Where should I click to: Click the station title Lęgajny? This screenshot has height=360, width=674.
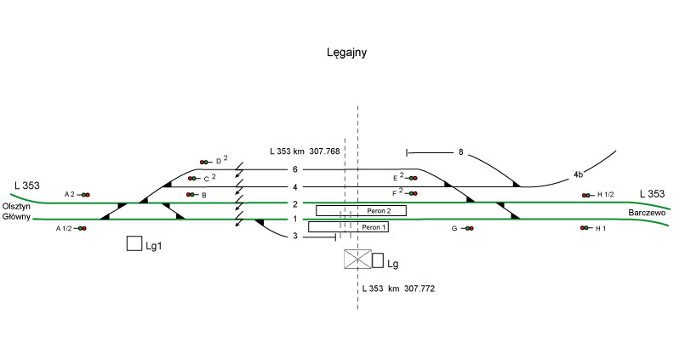[x=346, y=53]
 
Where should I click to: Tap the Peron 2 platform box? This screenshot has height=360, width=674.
[x=361, y=210]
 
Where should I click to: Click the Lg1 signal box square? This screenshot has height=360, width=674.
[x=134, y=244]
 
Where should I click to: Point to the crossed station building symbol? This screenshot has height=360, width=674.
[x=357, y=260]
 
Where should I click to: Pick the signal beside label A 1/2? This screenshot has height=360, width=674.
[x=81, y=229]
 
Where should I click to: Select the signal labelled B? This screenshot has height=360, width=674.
[x=191, y=195]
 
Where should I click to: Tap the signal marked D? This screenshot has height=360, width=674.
[x=205, y=162]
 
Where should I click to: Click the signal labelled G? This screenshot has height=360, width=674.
[x=467, y=229]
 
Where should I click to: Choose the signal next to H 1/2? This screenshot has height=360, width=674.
[x=586, y=195]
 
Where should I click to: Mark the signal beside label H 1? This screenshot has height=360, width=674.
[x=585, y=229]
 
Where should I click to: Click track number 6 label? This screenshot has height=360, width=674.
[x=294, y=169]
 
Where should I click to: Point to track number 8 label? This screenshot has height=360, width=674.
[x=460, y=153]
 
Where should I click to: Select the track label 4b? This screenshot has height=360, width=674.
[x=578, y=174]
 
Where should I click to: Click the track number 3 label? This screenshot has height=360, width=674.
[x=294, y=236]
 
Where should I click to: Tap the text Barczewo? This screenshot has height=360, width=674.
[x=647, y=212]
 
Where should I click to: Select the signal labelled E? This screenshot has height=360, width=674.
[x=412, y=178]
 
